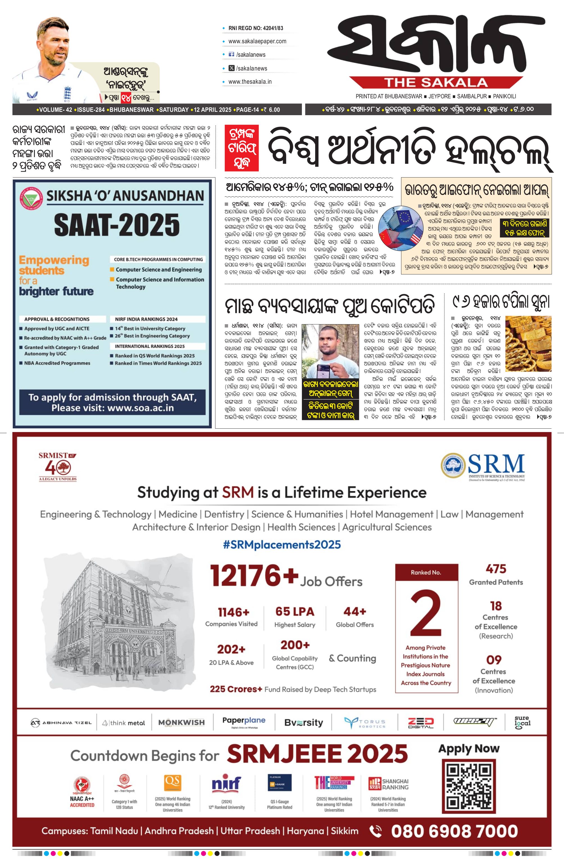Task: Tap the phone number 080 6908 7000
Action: pyautogui.click(x=454, y=831)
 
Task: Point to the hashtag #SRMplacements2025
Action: pyautogui.click(x=282, y=545)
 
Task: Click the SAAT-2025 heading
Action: pyautogui.click(x=117, y=224)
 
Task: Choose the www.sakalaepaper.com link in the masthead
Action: pyautogui.click(x=257, y=41)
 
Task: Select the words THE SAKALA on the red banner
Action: pyautogui.click(x=436, y=83)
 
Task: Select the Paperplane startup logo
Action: pyautogui.click(x=244, y=722)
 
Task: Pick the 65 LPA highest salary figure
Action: pyautogui.click(x=295, y=612)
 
